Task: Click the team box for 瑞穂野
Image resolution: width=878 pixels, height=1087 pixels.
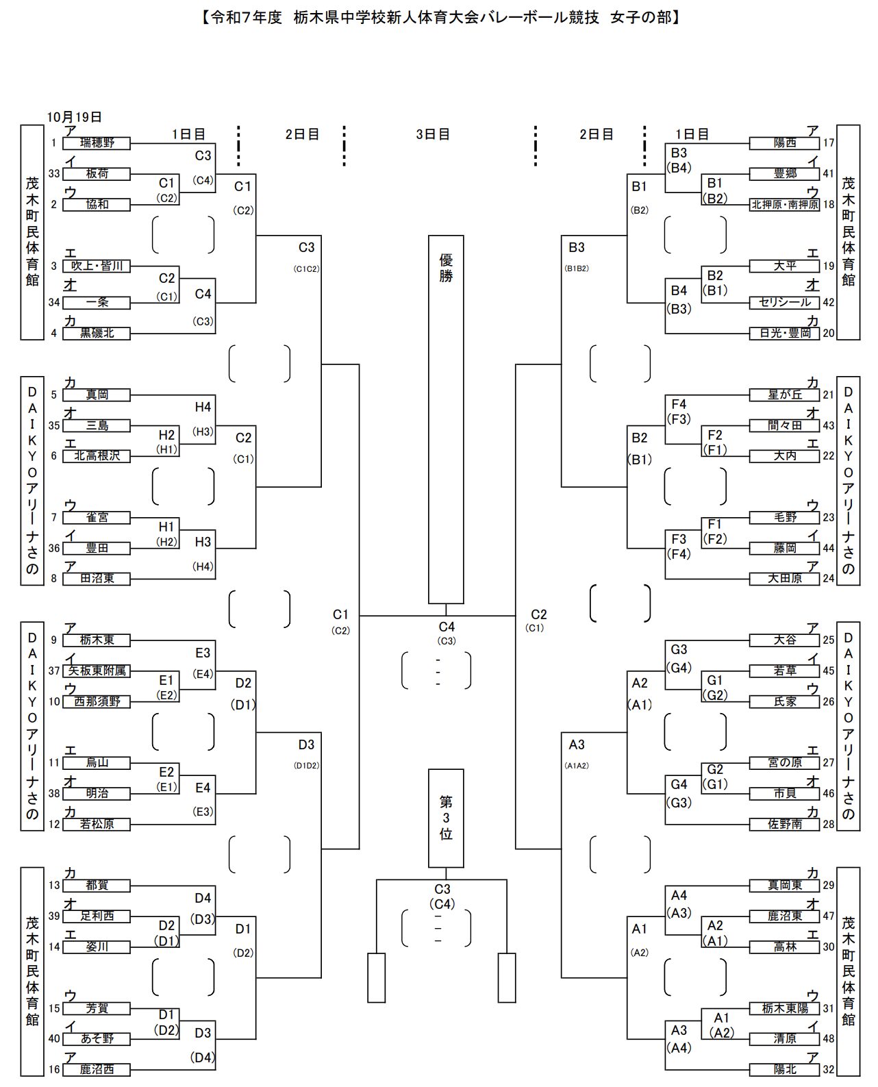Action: coord(97,143)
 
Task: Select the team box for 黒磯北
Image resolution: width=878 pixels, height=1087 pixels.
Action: coord(97,334)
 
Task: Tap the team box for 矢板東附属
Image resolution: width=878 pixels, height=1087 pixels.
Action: coord(97,671)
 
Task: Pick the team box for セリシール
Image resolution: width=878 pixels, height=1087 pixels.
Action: coord(785,303)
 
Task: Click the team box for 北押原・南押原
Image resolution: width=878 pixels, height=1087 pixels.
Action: coord(785,205)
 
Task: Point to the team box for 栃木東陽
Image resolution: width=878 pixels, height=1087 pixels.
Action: coord(785,1009)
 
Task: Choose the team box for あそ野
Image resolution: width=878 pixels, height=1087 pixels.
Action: coord(97,1039)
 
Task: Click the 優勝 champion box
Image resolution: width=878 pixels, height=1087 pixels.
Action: coord(446,419)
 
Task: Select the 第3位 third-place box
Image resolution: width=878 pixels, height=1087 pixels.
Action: coord(446,818)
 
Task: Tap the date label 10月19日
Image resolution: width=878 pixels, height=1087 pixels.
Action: coord(75,117)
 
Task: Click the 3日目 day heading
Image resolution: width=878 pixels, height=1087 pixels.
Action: coord(433,134)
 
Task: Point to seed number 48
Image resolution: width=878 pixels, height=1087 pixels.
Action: coord(829,1039)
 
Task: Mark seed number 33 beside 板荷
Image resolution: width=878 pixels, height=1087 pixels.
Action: coord(54,174)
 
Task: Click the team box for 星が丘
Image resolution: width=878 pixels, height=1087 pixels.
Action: coord(785,395)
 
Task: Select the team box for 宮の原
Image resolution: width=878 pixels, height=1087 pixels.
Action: coord(785,763)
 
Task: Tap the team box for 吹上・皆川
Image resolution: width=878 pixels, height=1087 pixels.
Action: coord(97,266)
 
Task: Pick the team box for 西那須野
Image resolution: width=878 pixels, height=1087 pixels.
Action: coord(97,702)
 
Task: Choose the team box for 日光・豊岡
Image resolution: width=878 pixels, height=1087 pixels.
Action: coord(785,334)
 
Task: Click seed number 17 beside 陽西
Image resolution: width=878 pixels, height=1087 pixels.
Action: coord(829,143)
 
